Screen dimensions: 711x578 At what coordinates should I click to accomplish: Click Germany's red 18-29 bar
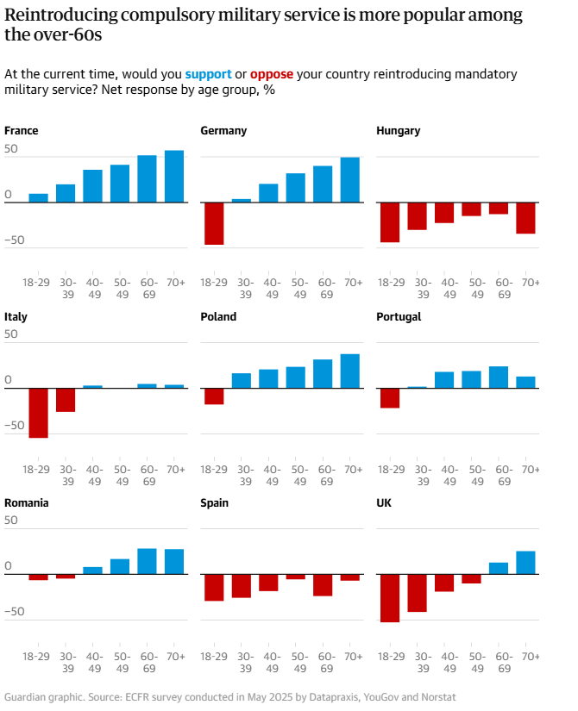[x=214, y=223]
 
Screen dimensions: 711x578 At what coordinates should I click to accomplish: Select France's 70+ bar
[x=174, y=177]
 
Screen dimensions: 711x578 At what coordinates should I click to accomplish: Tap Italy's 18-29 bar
[x=38, y=413]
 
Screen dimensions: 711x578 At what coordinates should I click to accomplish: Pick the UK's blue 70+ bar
[x=526, y=563]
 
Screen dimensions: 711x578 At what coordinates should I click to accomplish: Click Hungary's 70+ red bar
[x=526, y=218]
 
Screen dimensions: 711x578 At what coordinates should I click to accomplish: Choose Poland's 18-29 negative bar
[x=214, y=396]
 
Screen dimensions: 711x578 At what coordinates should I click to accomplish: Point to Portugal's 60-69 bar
[x=499, y=377]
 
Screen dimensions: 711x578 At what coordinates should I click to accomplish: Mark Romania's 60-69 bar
[x=148, y=561]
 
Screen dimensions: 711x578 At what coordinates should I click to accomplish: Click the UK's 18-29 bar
[x=390, y=598]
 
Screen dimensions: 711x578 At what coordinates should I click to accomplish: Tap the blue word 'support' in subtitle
[x=208, y=74]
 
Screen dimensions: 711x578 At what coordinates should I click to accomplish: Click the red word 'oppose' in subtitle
[x=272, y=74]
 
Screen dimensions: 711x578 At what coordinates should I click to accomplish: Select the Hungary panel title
[x=399, y=131]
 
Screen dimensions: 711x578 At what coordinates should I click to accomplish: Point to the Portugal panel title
[x=399, y=317]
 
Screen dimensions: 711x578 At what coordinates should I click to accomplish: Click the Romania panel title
[x=27, y=503]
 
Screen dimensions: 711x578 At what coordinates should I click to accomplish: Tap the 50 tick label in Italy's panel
[x=11, y=334]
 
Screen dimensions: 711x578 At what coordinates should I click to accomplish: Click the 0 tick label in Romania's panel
[x=8, y=566]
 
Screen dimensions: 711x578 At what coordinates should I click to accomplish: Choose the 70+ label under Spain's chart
[x=353, y=656]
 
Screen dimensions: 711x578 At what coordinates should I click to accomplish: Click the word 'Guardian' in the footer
[x=27, y=697]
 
